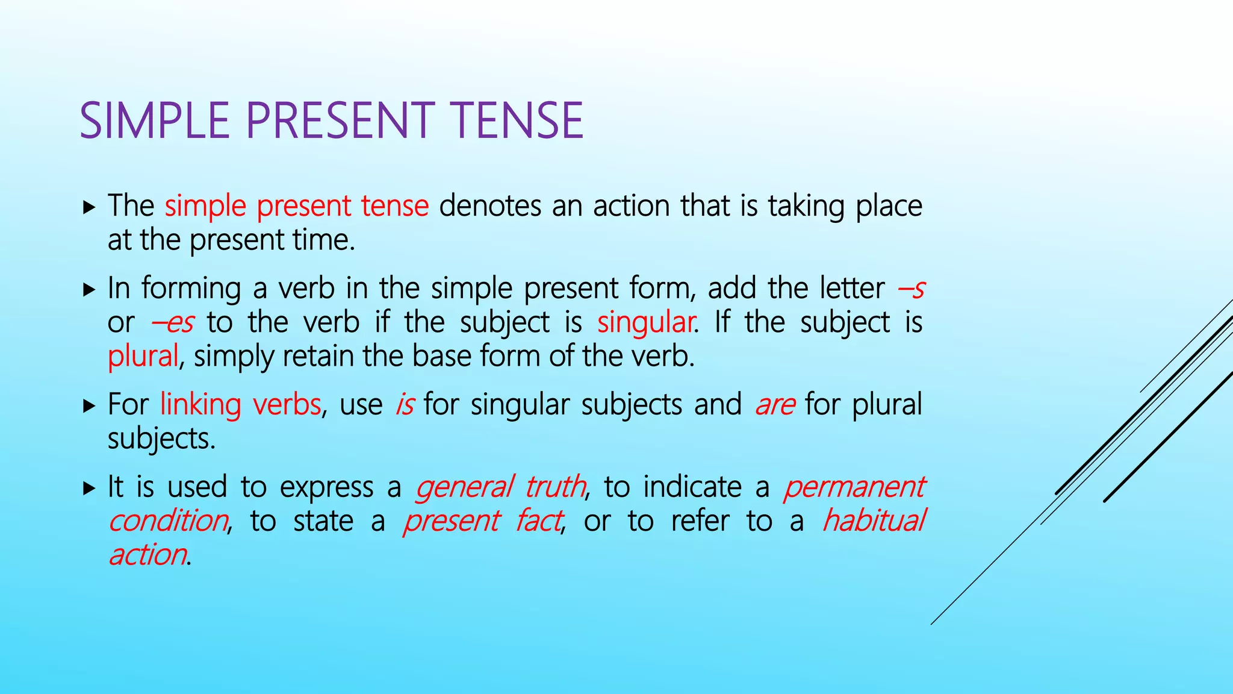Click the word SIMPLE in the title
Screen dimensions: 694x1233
[154, 120]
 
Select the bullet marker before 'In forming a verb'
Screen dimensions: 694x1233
[89, 290]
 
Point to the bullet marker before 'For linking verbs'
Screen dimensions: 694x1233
[89, 405]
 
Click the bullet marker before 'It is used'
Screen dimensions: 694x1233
[89, 488]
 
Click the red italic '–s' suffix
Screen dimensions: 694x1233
[910, 289]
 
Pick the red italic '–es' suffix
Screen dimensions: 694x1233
[173, 323]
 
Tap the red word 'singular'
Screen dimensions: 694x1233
[645, 322]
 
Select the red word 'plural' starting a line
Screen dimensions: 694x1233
[143, 356]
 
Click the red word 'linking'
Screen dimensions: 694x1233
[200, 404]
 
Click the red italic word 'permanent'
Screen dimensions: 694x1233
[853, 487]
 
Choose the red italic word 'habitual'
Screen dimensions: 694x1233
[873, 520]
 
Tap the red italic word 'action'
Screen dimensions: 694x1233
[148, 555]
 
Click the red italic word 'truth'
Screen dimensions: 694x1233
[554, 487]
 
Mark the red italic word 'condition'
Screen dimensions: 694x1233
[168, 520]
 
